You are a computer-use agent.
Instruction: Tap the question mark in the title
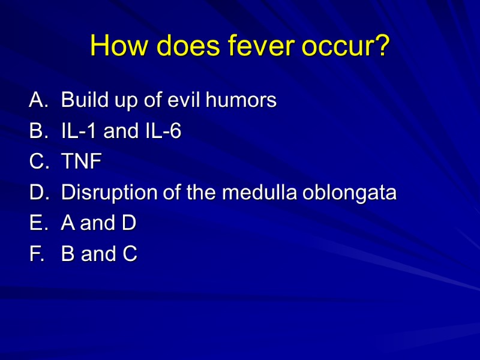pos(382,46)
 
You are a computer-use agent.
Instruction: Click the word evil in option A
pos(184,100)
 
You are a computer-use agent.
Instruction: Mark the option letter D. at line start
pos(37,193)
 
